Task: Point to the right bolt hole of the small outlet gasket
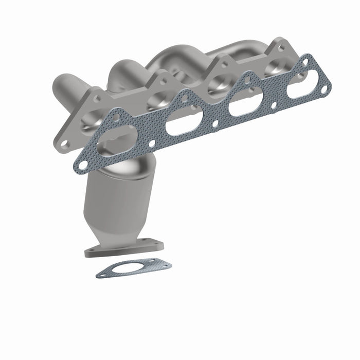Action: [166, 265]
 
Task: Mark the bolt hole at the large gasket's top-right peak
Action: [307, 62]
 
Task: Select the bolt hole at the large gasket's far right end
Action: [325, 88]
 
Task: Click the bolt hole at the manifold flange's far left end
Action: [64, 145]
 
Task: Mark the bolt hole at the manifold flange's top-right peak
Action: [281, 47]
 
